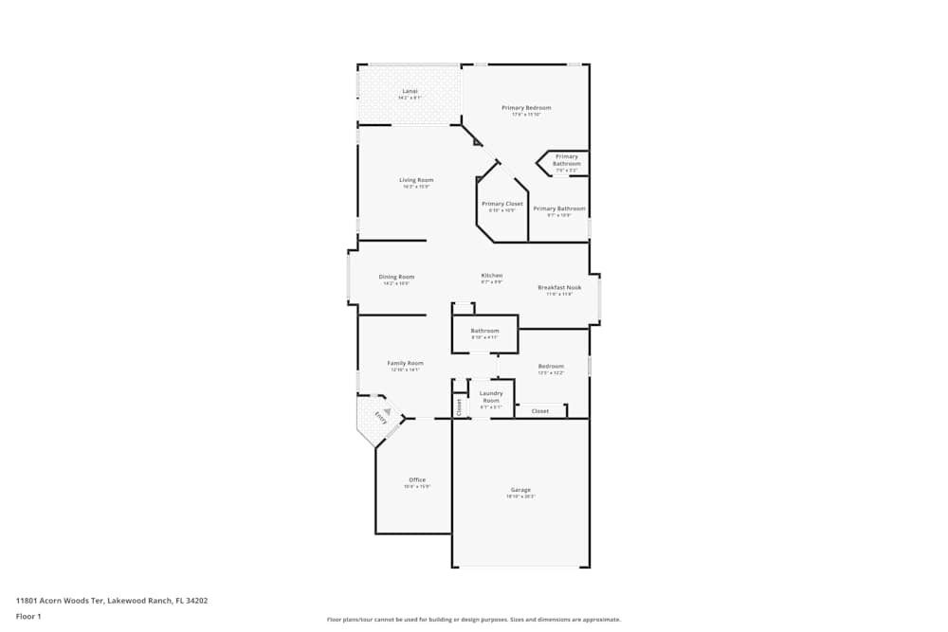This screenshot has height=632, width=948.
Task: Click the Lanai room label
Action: (410, 91)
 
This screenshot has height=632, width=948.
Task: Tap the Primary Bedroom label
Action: (526, 107)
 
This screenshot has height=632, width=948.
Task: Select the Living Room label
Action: (416, 180)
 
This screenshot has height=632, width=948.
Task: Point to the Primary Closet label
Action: (501, 204)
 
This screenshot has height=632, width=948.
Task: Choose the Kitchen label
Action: (491, 275)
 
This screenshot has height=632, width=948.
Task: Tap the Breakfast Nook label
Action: (559, 287)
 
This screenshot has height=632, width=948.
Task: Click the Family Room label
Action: (405, 363)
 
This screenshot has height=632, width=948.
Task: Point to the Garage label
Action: (520, 490)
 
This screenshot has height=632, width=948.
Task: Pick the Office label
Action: (417, 479)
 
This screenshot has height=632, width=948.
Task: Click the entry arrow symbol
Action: (387, 409)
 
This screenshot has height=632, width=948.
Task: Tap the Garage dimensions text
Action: (520, 497)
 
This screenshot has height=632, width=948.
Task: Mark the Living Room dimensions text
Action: (416, 187)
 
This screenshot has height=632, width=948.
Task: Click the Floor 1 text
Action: (28, 616)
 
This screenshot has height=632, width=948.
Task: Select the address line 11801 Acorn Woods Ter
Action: (111, 600)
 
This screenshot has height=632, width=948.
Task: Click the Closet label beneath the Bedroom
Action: (540, 411)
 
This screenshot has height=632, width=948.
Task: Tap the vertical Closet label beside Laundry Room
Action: (460, 407)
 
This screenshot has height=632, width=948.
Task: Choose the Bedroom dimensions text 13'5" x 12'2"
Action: (551, 372)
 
